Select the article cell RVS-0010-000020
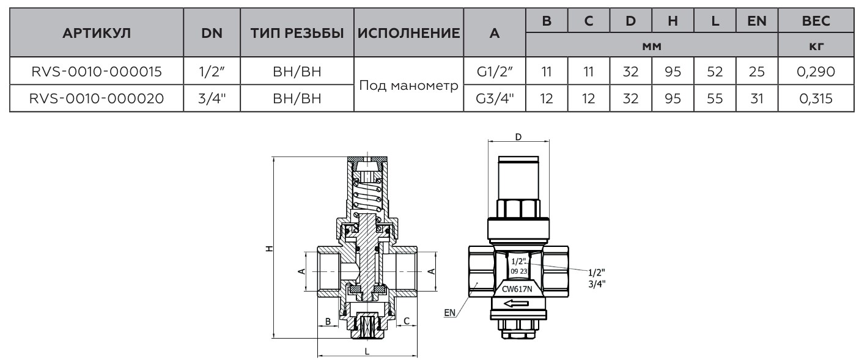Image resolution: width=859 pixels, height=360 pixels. click(x=96, y=98)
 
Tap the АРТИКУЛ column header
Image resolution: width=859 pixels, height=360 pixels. click(x=96, y=34)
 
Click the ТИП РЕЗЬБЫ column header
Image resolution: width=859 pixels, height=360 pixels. click(x=297, y=34)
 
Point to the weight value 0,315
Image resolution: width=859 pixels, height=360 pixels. click(x=816, y=98)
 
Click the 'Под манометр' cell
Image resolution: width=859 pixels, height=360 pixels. click(x=409, y=85)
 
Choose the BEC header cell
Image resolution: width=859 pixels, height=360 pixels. click(x=816, y=21)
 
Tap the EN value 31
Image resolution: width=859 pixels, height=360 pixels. click(x=757, y=98)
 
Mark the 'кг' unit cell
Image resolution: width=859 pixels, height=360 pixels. click(x=816, y=46)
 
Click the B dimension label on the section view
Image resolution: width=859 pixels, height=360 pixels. click(x=328, y=321)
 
